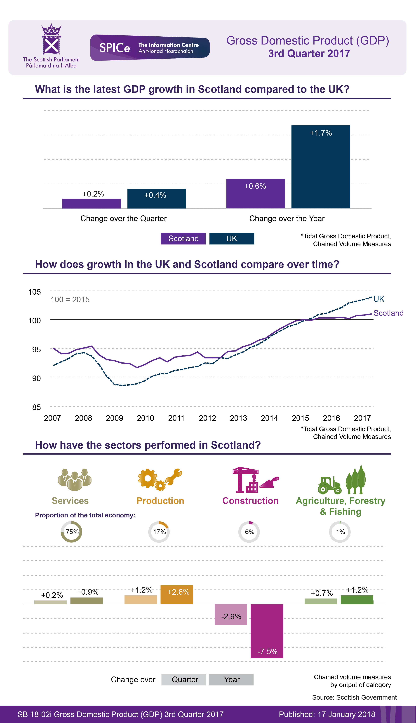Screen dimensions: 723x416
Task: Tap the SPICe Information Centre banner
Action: pyautogui.click(x=150, y=48)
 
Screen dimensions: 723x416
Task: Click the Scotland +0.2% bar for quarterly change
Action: pyautogui.click(x=91, y=203)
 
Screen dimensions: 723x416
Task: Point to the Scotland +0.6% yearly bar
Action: pyautogui.click(x=255, y=194)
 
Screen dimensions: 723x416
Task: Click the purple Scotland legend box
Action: pyautogui.click(x=183, y=239)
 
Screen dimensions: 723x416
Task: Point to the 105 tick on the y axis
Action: pyautogui.click(x=35, y=292)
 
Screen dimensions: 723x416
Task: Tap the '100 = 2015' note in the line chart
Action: pyautogui.click(x=70, y=299)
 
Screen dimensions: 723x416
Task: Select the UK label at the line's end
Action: pyautogui.click(x=379, y=299)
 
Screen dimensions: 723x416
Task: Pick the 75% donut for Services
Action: pyautogui.click(x=71, y=532)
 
